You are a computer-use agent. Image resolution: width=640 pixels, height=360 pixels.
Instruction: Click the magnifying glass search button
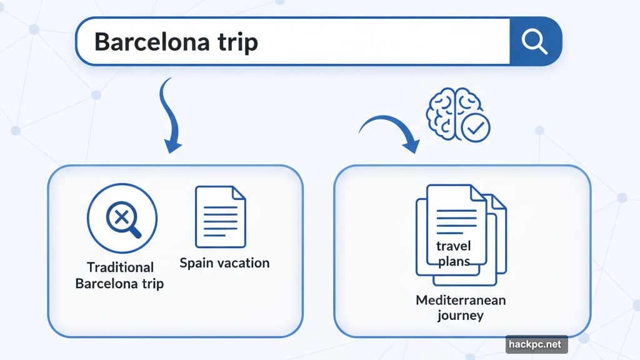(535, 41)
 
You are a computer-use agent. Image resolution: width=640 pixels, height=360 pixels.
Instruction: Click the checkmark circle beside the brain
(475, 128)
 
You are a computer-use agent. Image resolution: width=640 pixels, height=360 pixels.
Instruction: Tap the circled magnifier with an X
(122, 218)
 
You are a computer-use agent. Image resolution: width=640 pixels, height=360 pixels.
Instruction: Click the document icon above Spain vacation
(220, 216)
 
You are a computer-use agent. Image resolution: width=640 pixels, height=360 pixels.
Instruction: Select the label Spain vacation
(224, 262)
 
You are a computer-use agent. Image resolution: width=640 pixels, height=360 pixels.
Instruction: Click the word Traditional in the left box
(120, 267)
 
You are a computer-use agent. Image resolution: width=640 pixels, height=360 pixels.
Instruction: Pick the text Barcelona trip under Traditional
(119, 283)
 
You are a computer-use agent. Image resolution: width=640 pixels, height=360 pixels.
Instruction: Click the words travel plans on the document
(454, 253)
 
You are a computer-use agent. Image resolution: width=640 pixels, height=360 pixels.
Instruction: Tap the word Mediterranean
(461, 300)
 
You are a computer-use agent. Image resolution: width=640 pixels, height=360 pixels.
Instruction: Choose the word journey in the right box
(461, 315)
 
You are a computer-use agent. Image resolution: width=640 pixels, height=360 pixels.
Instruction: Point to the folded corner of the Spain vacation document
(239, 193)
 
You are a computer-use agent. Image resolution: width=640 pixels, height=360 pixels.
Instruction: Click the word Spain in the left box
(194, 262)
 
